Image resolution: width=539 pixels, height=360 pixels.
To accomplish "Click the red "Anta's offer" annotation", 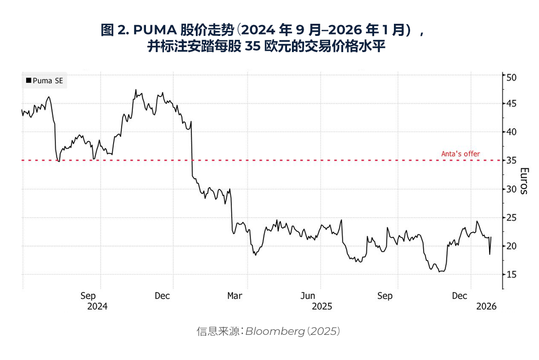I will [460, 154].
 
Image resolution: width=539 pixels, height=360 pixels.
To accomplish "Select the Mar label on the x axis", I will [234, 296].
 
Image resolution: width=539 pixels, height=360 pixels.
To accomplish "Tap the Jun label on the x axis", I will [308, 296].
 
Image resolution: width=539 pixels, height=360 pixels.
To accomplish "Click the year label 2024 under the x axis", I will [97, 307].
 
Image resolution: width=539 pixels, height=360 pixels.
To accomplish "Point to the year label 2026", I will [486, 307].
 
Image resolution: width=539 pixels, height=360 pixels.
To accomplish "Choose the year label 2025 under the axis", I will [322, 307].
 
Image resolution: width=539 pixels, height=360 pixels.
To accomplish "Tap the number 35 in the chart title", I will [253, 46].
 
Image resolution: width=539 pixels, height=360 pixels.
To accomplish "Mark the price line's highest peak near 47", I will [136, 90].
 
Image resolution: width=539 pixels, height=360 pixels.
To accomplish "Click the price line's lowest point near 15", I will [440, 272].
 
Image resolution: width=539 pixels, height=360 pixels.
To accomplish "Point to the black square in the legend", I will [29, 81].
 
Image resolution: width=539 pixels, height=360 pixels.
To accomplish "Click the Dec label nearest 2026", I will [459, 296].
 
